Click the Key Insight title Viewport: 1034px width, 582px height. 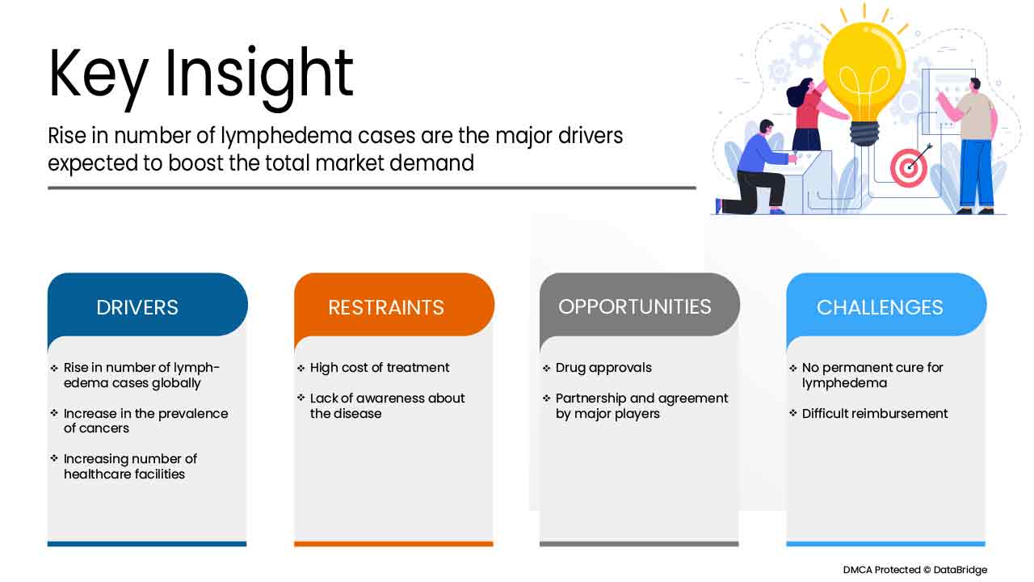coord(201,76)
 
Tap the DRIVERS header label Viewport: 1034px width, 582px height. coord(137,308)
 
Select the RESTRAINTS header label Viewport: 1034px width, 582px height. coord(386,308)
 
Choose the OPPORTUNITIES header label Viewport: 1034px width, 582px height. coord(635,307)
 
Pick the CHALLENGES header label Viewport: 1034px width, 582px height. coord(880,308)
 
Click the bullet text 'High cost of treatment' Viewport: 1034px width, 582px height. coord(380,368)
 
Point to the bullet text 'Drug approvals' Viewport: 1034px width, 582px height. coord(603,368)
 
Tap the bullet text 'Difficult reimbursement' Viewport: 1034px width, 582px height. coord(875,413)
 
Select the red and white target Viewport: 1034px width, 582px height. coord(909,167)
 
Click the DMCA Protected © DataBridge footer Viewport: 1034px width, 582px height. coord(915,570)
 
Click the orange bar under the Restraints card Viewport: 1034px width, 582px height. coord(393,544)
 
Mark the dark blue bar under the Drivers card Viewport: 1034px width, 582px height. coord(147,544)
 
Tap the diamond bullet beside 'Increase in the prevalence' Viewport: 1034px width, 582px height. coord(54,413)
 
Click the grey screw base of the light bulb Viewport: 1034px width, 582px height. coord(865,133)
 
